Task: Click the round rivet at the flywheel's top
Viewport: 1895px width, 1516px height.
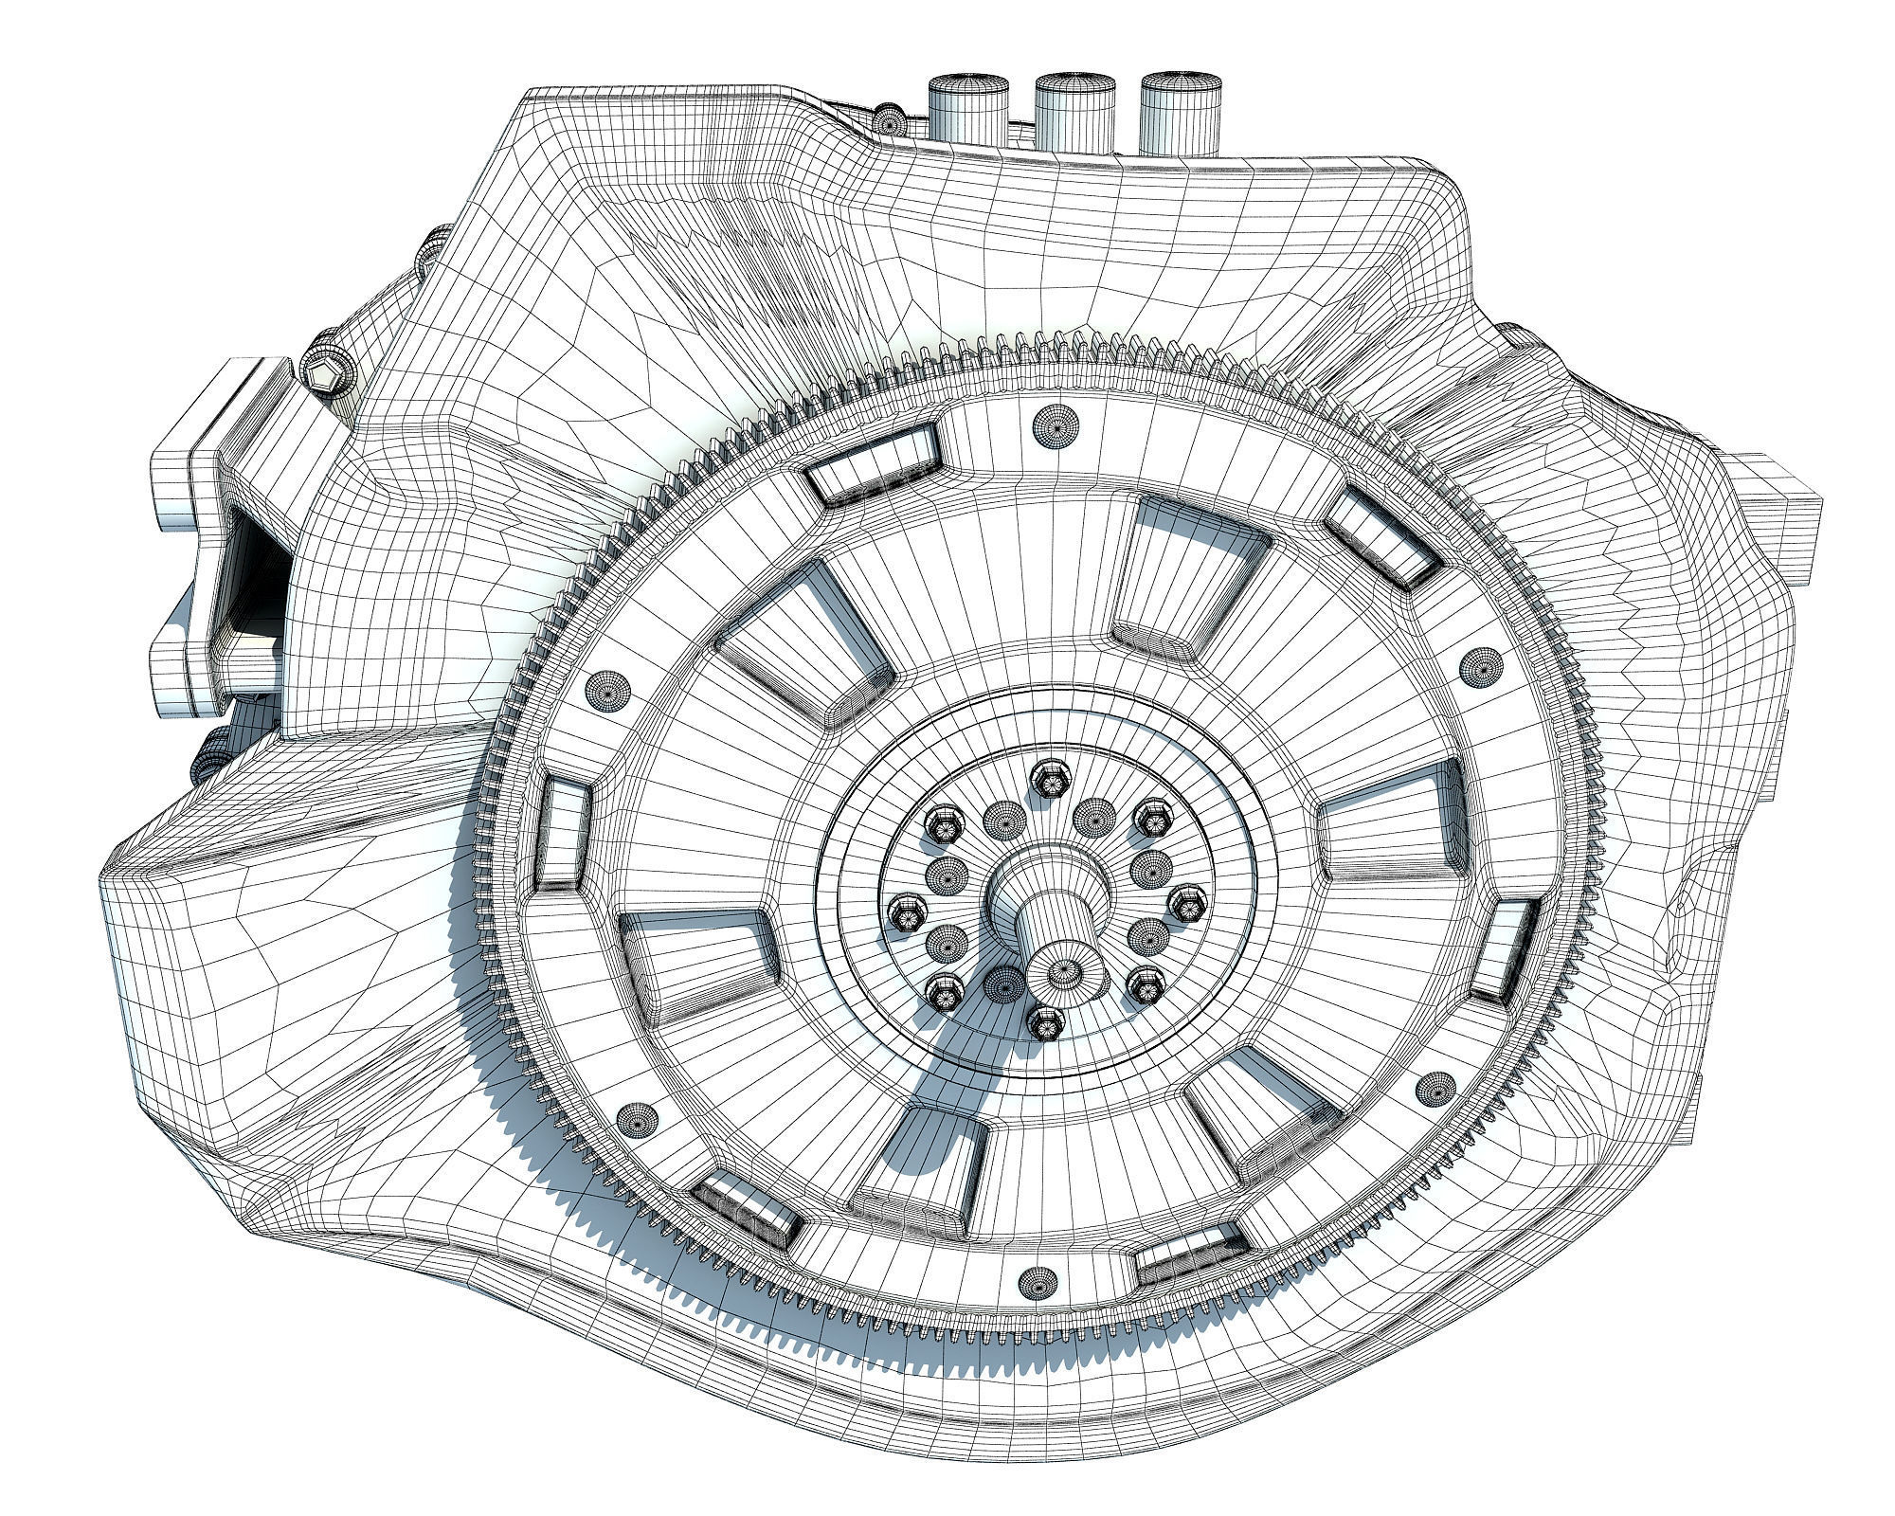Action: tap(1056, 424)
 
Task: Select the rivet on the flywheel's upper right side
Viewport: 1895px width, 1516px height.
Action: tap(1481, 666)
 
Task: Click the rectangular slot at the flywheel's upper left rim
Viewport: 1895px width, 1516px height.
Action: tap(876, 464)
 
